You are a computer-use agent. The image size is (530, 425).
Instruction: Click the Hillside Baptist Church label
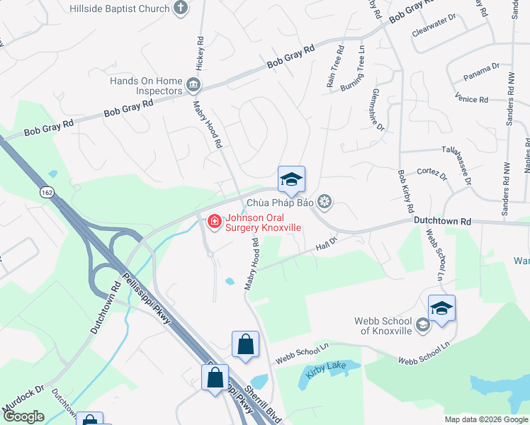(x=120, y=8)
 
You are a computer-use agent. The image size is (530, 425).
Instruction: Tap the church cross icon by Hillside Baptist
(x=181, y=8)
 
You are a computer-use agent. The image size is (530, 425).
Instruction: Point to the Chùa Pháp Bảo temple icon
(x=325, y=203)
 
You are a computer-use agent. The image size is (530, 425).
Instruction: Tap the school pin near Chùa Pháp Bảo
(x=291, y=181)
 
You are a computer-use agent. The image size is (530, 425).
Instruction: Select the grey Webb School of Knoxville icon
(x=423, y=325)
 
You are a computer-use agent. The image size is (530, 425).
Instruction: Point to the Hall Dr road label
(x=324, y=246)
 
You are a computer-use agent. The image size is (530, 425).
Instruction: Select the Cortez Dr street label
(x=432, y=173)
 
